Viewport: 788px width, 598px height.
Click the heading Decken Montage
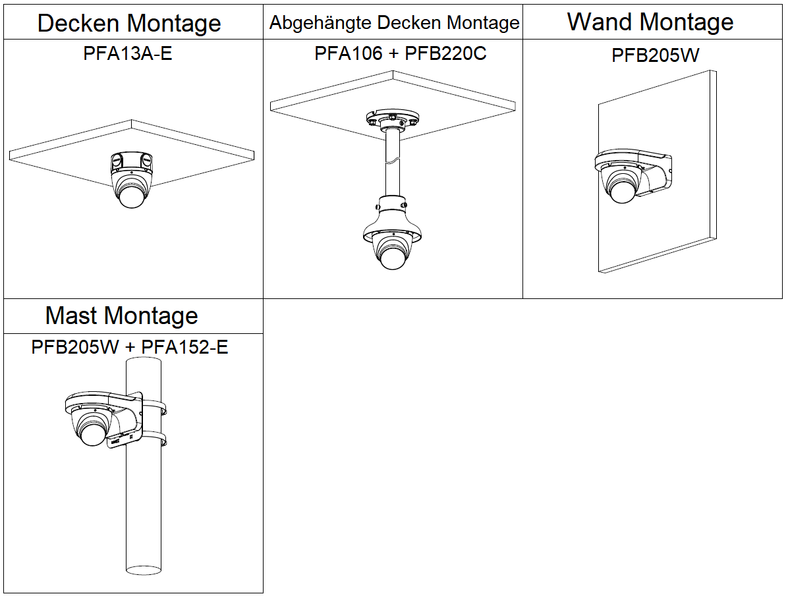[x=129, y=24]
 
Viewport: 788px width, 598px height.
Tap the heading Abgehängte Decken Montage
[x=394, y=24]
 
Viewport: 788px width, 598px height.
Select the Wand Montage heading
[x=650, y=22]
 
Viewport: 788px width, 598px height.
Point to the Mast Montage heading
[x=121, y=316]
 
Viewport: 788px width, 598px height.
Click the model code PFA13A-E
[x=128, y=53]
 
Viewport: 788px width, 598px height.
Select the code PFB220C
[x=445, y=53]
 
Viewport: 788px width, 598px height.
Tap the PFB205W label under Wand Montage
[x=655, y=55]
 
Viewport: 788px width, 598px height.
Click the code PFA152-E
[x=185, y=347]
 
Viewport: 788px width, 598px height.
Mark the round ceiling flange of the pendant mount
[x=392, y=120]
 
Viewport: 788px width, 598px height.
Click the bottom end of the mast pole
[x=143, y=570]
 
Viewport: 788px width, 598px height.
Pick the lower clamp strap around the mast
[x=155, y=439]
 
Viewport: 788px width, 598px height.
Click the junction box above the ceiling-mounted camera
[x=132, y=160]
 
